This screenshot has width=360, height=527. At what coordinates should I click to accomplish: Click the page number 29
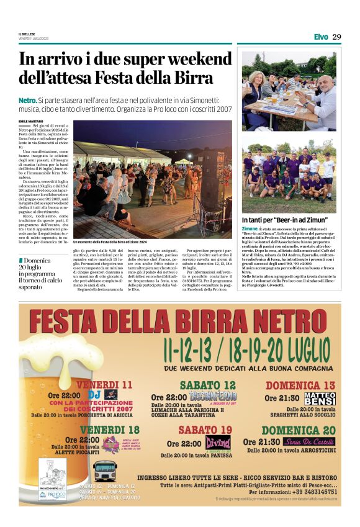[336, 37]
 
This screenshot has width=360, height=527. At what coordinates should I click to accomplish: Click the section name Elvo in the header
[320, 37]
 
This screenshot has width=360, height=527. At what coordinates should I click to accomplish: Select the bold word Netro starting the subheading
[27, 100]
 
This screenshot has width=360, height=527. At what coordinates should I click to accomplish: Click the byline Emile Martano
[32, 121]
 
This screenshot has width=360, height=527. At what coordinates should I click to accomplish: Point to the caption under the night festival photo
[110, 241]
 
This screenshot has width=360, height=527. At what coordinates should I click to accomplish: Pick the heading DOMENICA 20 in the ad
[299, 430]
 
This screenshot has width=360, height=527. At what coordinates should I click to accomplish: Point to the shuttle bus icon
[104, 470]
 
